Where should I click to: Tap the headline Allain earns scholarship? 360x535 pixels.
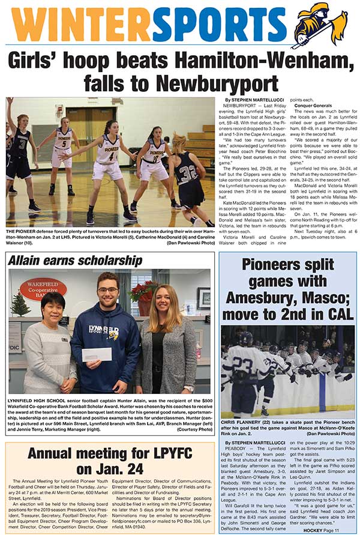[75, 261]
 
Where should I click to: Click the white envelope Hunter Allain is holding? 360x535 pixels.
[97, 354]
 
